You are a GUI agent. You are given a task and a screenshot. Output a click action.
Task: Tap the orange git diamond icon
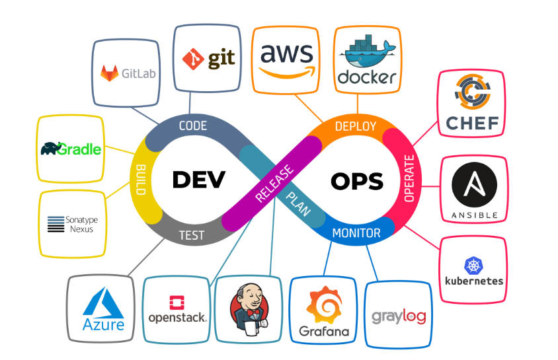pyautogui.click(x=193, y=59)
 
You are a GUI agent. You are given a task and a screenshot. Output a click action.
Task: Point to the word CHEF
pyautogui.click(x=471, y=123)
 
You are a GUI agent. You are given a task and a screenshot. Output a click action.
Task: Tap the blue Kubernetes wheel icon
pyautogui.click(x=474, y=266)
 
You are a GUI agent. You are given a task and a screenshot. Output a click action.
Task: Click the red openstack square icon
pyautogui.click(x=177, y=303)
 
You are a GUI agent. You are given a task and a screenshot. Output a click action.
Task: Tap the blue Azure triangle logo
pyautogui.click(x=103, y=305)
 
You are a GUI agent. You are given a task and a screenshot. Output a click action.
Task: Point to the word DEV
pyautogui.click(x=199, y=178)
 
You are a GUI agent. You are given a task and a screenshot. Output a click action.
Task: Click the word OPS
pyautogui.click(x=357, y=180)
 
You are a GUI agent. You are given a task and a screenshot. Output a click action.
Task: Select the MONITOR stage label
pyautogui.click(x=356, y=233)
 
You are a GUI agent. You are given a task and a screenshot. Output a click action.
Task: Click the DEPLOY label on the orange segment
pyautogui.click(x=355, y=126)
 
